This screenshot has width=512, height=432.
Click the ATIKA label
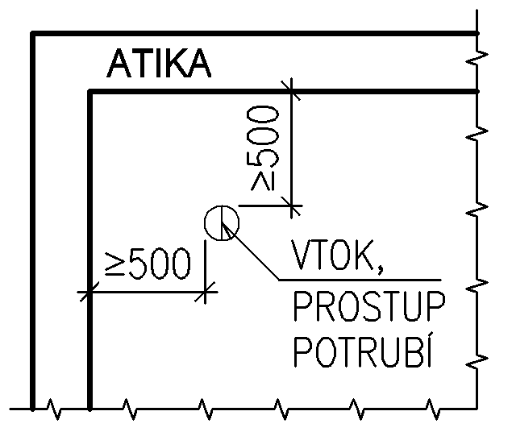click(x=160, y=64)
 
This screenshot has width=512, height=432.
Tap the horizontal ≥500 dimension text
click(x=150, y=264)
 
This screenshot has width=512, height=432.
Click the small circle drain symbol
click(x=220, y=222)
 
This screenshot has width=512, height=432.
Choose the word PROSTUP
click(x=368, y=307)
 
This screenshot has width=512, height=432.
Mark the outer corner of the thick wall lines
click(x=31, y=33)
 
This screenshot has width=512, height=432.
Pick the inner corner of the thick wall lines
click(x=89, y=92)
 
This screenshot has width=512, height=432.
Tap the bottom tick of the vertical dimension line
click(x=292, y=206)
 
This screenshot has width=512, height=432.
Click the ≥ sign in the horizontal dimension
click(x=115, y=264)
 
